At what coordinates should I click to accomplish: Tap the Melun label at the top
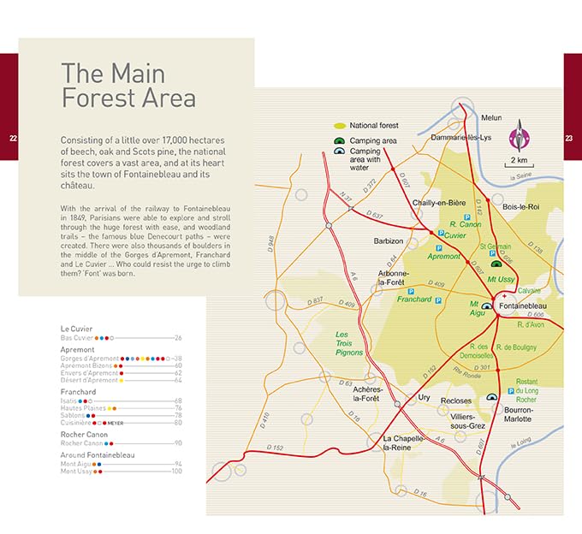pyautogui.click(x=491, y=117)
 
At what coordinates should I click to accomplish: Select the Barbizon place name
pyautogui.click(x=389, y=241)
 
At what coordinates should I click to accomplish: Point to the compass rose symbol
pyautogui.click(x=518, y=137)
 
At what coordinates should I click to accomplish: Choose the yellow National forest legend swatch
pyautogui.click(x=339, y=126)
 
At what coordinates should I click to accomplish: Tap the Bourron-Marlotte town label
pyautogui.click(x=522, y=413)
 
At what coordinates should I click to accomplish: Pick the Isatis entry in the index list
pyautogui.click(x=68, y=400)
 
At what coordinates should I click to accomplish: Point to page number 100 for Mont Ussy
pyautogui.click(x=177, y=472)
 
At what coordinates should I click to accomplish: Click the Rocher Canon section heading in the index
pyautogui.click(x=84, y=434)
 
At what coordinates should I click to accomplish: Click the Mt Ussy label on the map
pyautogui.click(x=503, y=280)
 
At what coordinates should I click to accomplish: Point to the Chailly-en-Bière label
pyautogui.click(x=440, y=203)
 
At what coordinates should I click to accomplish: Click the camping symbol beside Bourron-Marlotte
pyautogui.click(x=493, y=397)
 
